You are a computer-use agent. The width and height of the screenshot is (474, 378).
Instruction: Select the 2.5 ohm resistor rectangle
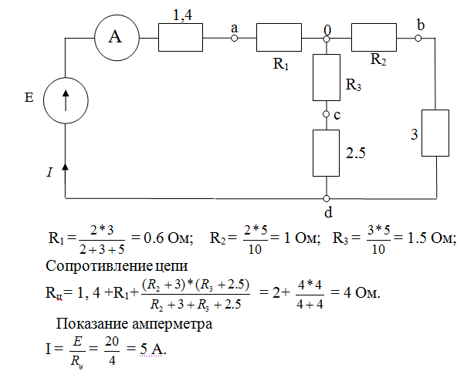pyautogui.click(x=327, y=152)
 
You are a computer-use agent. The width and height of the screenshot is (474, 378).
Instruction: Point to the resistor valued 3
pyautogui.click(x=437, y=133)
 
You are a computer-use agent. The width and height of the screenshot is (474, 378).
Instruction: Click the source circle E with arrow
pyautogui.click(x=65, y=100)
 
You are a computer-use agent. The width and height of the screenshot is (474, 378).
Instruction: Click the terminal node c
pyautogui.click(x=327, y=115)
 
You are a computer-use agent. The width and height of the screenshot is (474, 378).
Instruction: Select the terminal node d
pyautogui.click(x=327, y=197)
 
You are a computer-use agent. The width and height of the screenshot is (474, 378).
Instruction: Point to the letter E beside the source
pyautogui.click(x=29, y=99)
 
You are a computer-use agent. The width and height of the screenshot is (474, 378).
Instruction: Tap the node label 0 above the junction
pyautogui.click(x=327, y=29)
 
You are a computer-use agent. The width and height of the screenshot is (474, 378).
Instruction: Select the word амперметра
pyautogui.click(x=174, y=325)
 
